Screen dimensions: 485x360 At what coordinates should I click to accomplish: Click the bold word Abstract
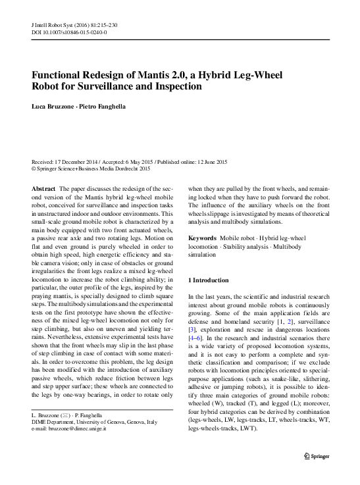[43, 188]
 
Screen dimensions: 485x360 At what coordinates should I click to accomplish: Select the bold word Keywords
[202, 237]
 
